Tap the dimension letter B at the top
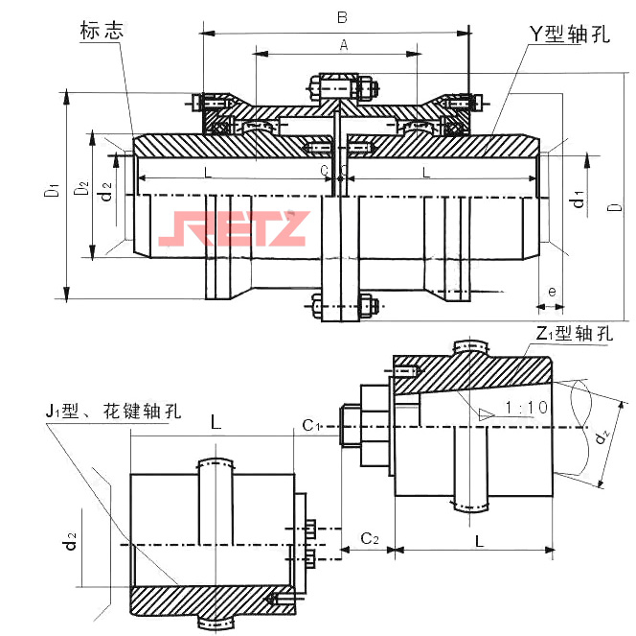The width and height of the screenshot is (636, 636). click(x=341, y=17)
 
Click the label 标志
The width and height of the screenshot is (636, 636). click(x=102, y=31)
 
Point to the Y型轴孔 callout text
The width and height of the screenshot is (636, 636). click(x=571, y=33)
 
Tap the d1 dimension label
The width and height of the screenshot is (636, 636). click(x=578, y=199)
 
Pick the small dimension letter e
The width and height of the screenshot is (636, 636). click(x=551, y=291)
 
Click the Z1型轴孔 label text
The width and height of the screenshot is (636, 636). click(x=574, y=334)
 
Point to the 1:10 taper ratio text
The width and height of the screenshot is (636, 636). click(x=526, y=408)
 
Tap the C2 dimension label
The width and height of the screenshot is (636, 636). click(x=369, y=540)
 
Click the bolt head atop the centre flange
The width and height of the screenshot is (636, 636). click(x=340, y=83)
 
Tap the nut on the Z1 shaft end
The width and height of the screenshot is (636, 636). click(x=351, y=426)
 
